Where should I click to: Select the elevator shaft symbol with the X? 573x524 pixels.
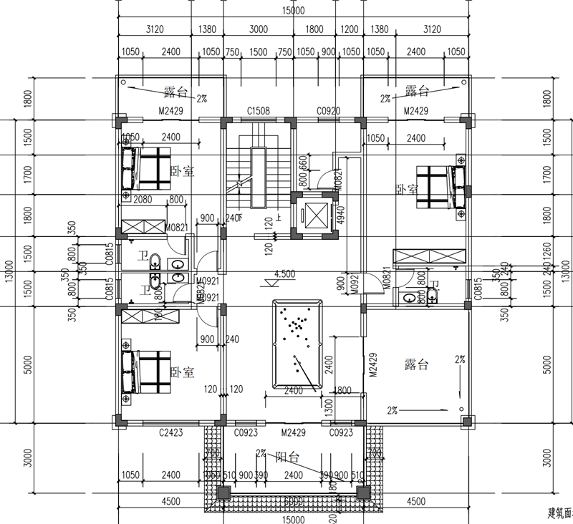pos(313,214)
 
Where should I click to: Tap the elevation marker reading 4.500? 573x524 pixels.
pos(284,273)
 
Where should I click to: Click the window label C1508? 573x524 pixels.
pos(258,110)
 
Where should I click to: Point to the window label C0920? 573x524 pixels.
pos(328,110)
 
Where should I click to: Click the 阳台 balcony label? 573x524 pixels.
pos(286,455)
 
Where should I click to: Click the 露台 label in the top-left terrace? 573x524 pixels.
pos(175,91)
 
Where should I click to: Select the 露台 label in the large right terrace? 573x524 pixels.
pos(415,364)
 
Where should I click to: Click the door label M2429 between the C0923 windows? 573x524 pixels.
pos(294,432)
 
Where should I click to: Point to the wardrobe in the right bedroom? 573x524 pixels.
pos(428,256)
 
